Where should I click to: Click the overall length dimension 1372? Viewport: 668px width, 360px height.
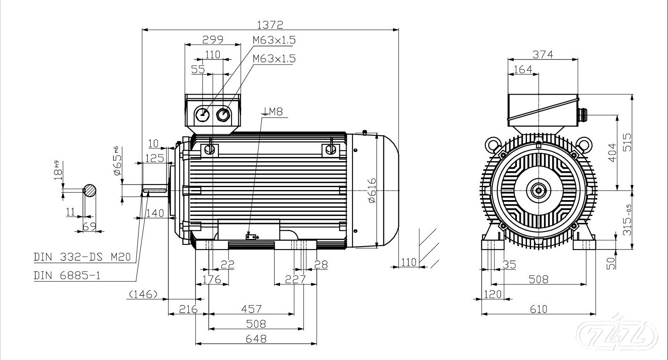(270, 25)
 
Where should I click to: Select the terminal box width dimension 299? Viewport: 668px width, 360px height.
(213, 40)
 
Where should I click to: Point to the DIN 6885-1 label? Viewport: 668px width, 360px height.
(67, 275)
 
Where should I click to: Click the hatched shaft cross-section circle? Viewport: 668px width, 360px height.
(90, 191)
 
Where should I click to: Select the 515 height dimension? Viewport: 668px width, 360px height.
(627, 142)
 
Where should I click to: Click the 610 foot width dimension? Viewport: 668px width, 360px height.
(538, 309)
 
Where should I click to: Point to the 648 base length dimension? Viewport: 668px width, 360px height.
(256, 338)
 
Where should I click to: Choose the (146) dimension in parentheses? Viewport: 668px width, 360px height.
(143, 294)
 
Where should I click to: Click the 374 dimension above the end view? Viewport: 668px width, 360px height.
(543, 54)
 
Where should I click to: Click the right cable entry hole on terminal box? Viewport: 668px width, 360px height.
(223, 113)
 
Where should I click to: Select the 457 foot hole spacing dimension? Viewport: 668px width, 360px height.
(252, 309)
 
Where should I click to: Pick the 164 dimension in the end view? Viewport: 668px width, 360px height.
(523, 69)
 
